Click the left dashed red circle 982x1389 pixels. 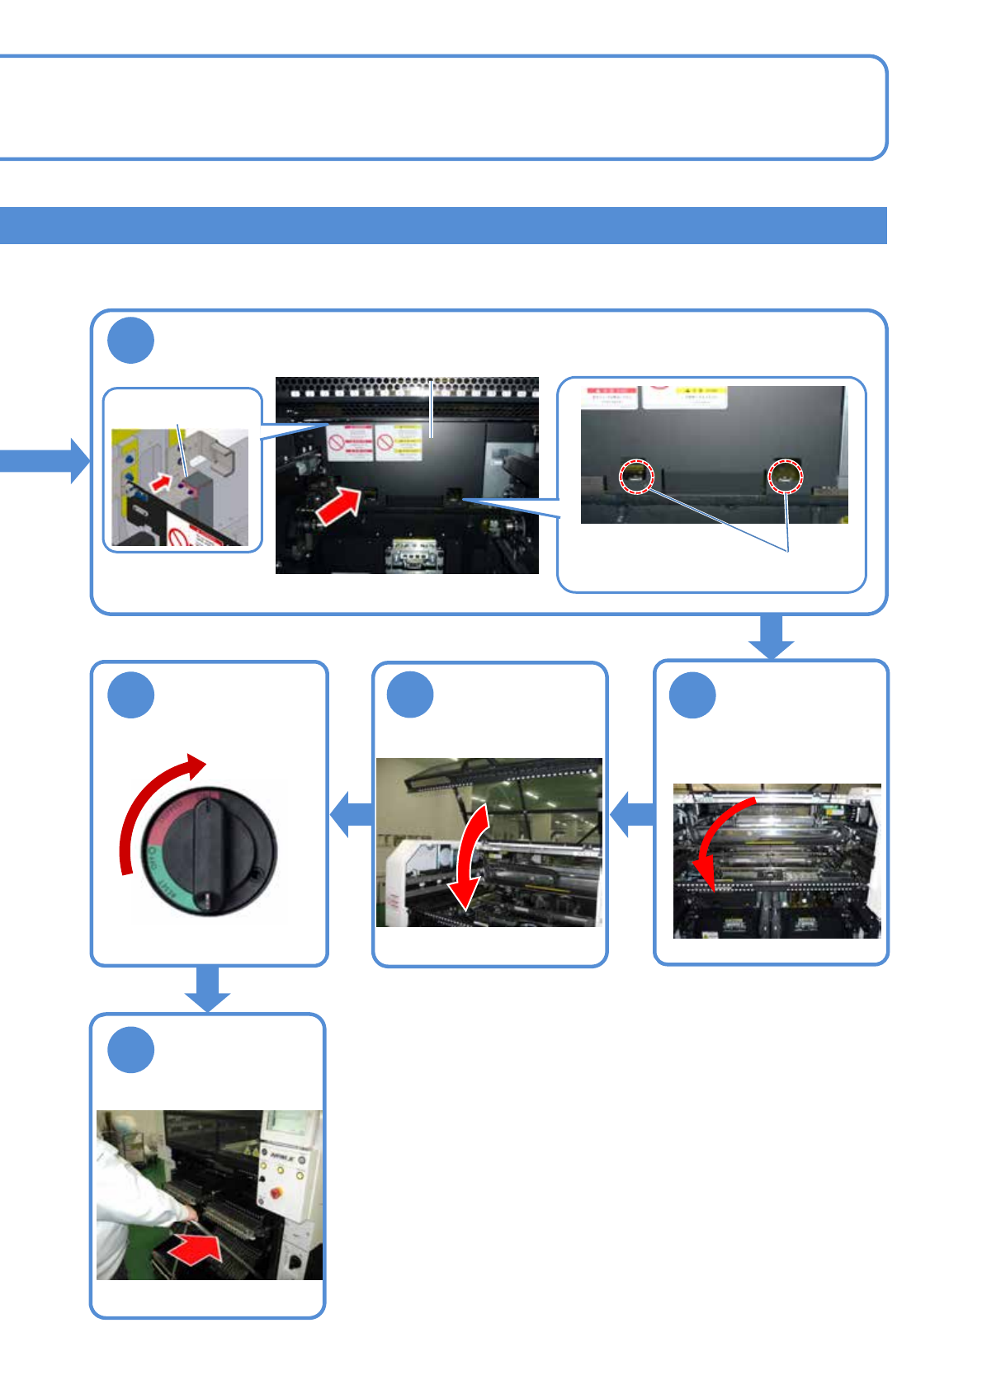tap(636, 476)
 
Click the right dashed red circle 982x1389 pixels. tap(786, 475)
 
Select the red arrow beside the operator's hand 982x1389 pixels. tap(196, 1248)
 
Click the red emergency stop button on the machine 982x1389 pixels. tap(275, 1192)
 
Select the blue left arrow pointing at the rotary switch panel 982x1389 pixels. tap(351, 815)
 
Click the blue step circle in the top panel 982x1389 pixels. tap(130, 340)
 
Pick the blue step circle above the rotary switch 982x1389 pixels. tap(130, 694)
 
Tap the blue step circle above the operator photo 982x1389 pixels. tap(130, 1049)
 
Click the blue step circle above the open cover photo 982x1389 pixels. tap(410, 694)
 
